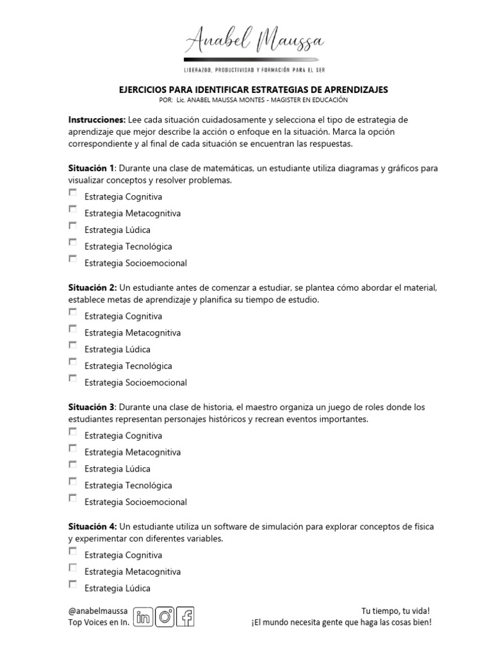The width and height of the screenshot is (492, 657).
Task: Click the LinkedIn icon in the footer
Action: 144,617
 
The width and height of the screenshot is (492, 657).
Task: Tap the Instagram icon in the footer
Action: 165,617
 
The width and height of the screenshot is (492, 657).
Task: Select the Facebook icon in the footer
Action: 186,617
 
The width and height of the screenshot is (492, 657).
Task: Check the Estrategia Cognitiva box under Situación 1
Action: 72,192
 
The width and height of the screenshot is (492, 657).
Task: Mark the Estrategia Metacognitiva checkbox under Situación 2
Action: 72,329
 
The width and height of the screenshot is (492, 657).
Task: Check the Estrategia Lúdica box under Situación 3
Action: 72,465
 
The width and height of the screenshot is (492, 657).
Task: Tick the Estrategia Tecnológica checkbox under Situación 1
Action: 72,243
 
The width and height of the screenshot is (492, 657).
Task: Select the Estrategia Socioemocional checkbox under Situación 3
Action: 72,499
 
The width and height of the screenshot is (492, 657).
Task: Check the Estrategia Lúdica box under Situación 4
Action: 72,584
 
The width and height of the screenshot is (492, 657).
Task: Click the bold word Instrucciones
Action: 97,120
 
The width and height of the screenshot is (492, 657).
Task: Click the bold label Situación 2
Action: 92,287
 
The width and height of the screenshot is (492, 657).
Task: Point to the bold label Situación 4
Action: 92,526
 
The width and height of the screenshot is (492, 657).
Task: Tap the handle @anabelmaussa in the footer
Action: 98,611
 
